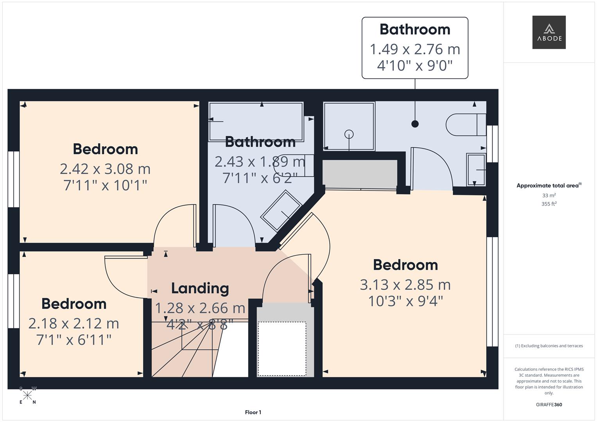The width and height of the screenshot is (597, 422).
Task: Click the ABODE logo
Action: coord(549,32)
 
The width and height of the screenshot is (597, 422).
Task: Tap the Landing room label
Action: coord(200,288)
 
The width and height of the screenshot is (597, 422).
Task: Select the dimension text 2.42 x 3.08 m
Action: coord(105,169)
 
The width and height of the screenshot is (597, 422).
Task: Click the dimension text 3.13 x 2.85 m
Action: coord(405,285)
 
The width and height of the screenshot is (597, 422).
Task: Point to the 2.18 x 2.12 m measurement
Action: coord(74,324)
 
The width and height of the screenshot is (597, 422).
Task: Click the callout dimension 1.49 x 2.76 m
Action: coord(415,49)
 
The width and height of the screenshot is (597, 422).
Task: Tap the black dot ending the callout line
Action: coord(415,124)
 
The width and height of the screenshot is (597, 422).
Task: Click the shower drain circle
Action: coord(349,134)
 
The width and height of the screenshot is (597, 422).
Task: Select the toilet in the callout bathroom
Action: coord(466,125)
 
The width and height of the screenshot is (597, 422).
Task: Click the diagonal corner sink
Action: coord(281,211)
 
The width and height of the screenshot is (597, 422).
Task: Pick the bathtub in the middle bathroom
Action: coord(256,122)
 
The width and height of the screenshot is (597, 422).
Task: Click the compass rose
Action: coord(27,395)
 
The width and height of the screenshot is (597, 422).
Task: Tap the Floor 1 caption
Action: coord(253,412)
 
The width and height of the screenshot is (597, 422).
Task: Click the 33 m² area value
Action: coord(549,195)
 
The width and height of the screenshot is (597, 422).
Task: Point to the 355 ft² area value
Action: coord(549,204)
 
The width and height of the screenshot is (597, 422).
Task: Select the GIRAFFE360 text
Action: coord(549,404)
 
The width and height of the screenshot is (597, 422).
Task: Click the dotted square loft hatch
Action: coord(282,349)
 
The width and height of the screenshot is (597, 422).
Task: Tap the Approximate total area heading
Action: coord(549,186)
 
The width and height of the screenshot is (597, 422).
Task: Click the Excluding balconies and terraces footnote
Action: coord(549,346)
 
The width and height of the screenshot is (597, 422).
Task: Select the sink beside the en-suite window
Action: coord(476,170)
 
